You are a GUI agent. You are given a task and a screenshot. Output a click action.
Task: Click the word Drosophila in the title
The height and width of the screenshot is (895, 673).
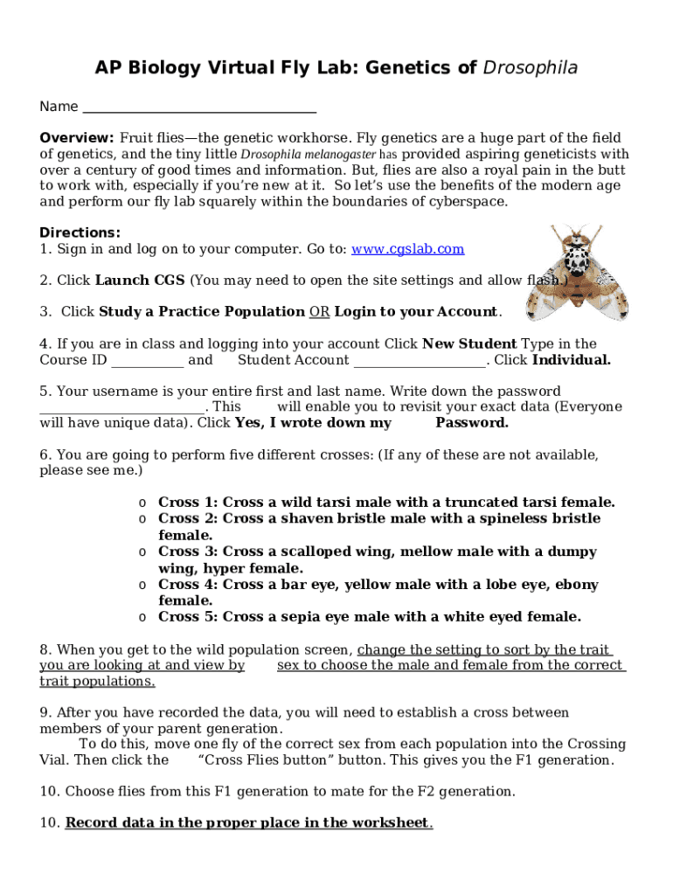point(531,68)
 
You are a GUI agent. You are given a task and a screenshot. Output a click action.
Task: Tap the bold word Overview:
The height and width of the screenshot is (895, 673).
point(77,138)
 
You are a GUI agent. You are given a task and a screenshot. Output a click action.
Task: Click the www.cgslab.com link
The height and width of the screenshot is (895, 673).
point(407,249)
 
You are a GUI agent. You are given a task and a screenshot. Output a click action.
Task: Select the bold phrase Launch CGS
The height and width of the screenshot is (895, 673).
point(140,281)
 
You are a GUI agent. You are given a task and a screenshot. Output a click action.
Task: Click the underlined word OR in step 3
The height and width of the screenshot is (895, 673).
point(319,312)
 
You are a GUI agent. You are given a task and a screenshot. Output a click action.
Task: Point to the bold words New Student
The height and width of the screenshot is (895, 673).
point(469,343)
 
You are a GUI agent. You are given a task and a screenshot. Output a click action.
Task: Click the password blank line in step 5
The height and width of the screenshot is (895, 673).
point(122,407)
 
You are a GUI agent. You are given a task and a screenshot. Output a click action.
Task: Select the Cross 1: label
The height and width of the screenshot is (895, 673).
point(189,503)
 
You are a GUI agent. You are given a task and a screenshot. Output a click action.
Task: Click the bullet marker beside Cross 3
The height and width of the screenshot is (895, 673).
point(141,552)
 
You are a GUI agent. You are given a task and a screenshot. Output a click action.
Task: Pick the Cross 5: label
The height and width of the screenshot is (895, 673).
point(189,617)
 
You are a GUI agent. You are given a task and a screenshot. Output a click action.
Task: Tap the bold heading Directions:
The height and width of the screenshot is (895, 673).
point(80,232)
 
